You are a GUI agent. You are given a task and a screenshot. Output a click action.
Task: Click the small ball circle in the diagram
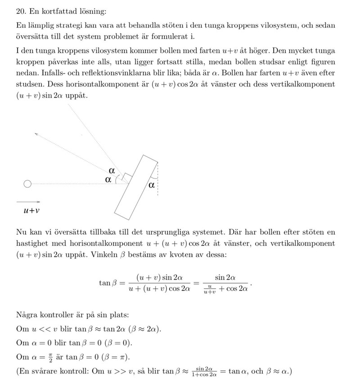click(x=27, y=184)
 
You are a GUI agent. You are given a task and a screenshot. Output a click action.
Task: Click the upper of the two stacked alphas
click(x=112, y=170)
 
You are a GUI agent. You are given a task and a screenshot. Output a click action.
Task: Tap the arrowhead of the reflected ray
click(x=36, y=133)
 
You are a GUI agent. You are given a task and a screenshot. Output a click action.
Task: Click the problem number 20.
click(x=20, y=10)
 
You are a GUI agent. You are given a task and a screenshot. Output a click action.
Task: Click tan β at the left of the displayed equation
click(x=107, y=283)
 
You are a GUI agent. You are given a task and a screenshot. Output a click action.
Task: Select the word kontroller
click(x=59, y=314)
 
